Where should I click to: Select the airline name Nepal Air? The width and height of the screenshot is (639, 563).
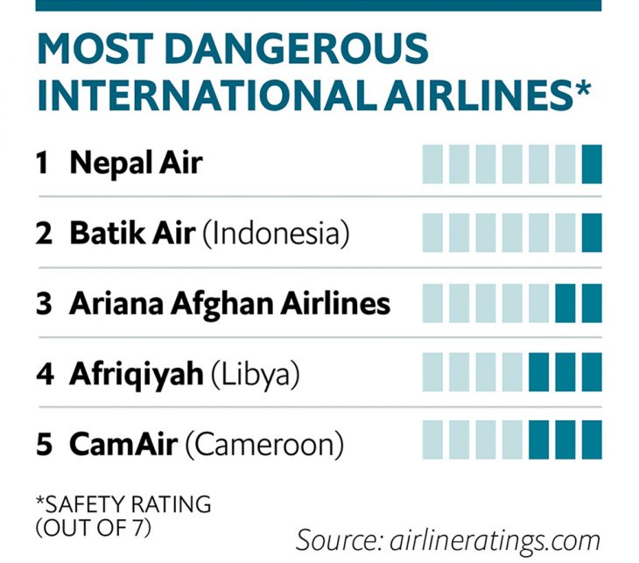point(136,163)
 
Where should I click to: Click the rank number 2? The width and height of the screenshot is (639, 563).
point(44,234)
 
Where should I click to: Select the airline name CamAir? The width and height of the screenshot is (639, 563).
point(123,445)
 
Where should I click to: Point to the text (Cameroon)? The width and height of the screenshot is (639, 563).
point(263,445)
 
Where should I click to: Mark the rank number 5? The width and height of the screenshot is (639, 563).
point(44,445)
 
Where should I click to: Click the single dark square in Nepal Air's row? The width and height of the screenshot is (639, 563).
point(592,164)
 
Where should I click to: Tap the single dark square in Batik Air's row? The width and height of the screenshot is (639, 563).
point(592,234)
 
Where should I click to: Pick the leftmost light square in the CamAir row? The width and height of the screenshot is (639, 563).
point(432,440)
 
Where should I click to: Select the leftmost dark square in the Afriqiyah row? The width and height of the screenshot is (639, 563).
point(539,371)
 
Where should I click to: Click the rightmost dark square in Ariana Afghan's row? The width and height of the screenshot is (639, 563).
point(592,303)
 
